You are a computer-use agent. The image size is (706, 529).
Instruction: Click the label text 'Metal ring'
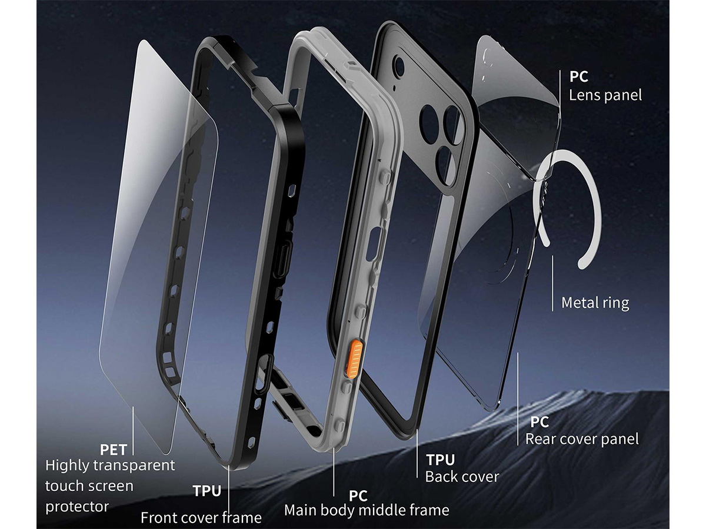coord(595,303)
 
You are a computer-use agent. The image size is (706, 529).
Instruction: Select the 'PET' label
coord(113,450)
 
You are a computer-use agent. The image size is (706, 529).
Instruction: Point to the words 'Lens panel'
coord(605,95)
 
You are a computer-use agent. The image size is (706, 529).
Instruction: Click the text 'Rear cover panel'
coord(582,439)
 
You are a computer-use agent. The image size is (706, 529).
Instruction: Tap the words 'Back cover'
coord(462,477)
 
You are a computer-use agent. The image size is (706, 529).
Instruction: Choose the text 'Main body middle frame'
coord(367,510)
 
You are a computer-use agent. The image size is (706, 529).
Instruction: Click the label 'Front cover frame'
coord(201,518)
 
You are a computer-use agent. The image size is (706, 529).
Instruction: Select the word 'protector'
coord(77,507)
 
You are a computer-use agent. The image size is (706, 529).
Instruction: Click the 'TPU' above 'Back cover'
coord(441,460)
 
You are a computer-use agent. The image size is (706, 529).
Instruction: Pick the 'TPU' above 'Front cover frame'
coord(207,491)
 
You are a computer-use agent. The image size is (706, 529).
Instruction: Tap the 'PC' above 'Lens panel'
coord(579,76)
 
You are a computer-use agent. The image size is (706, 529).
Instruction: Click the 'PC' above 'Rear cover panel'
coord(540,422)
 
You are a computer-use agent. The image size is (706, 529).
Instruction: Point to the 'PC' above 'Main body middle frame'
coord(358,496)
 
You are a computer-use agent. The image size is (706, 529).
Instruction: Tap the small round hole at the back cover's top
coord(400,67)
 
